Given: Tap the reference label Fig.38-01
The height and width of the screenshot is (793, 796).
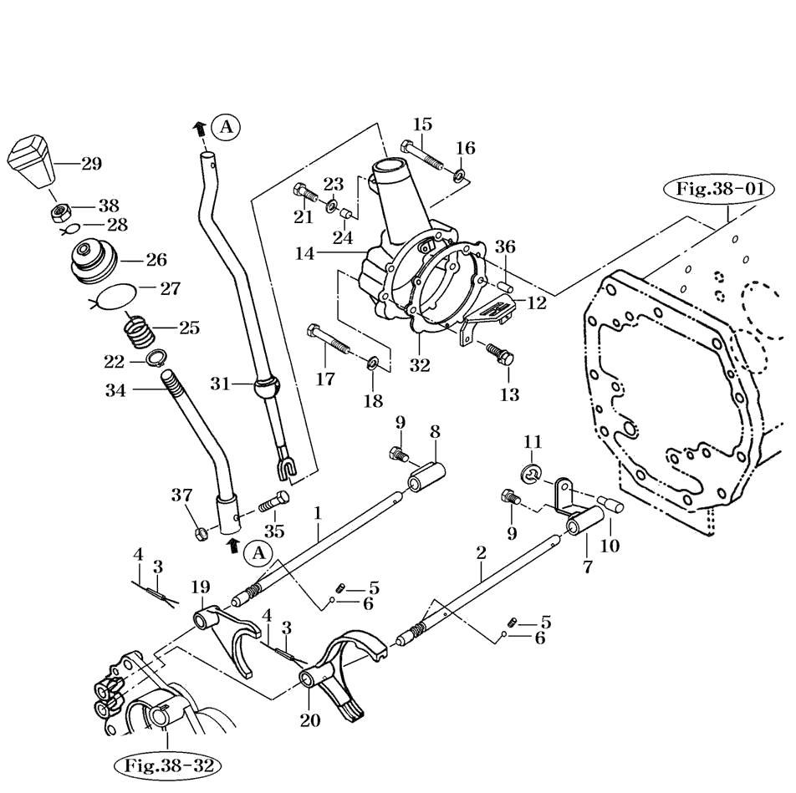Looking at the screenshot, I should point(719,189).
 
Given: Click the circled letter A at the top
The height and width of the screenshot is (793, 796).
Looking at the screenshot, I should point(226,127).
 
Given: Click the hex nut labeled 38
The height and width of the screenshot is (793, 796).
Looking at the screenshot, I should point(58,211).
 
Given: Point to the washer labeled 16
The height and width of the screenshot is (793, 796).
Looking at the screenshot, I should point(461,176).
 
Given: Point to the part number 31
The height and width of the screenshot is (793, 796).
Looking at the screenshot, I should point(220,384).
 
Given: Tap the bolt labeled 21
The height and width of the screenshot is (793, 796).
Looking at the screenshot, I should point(308,194).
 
